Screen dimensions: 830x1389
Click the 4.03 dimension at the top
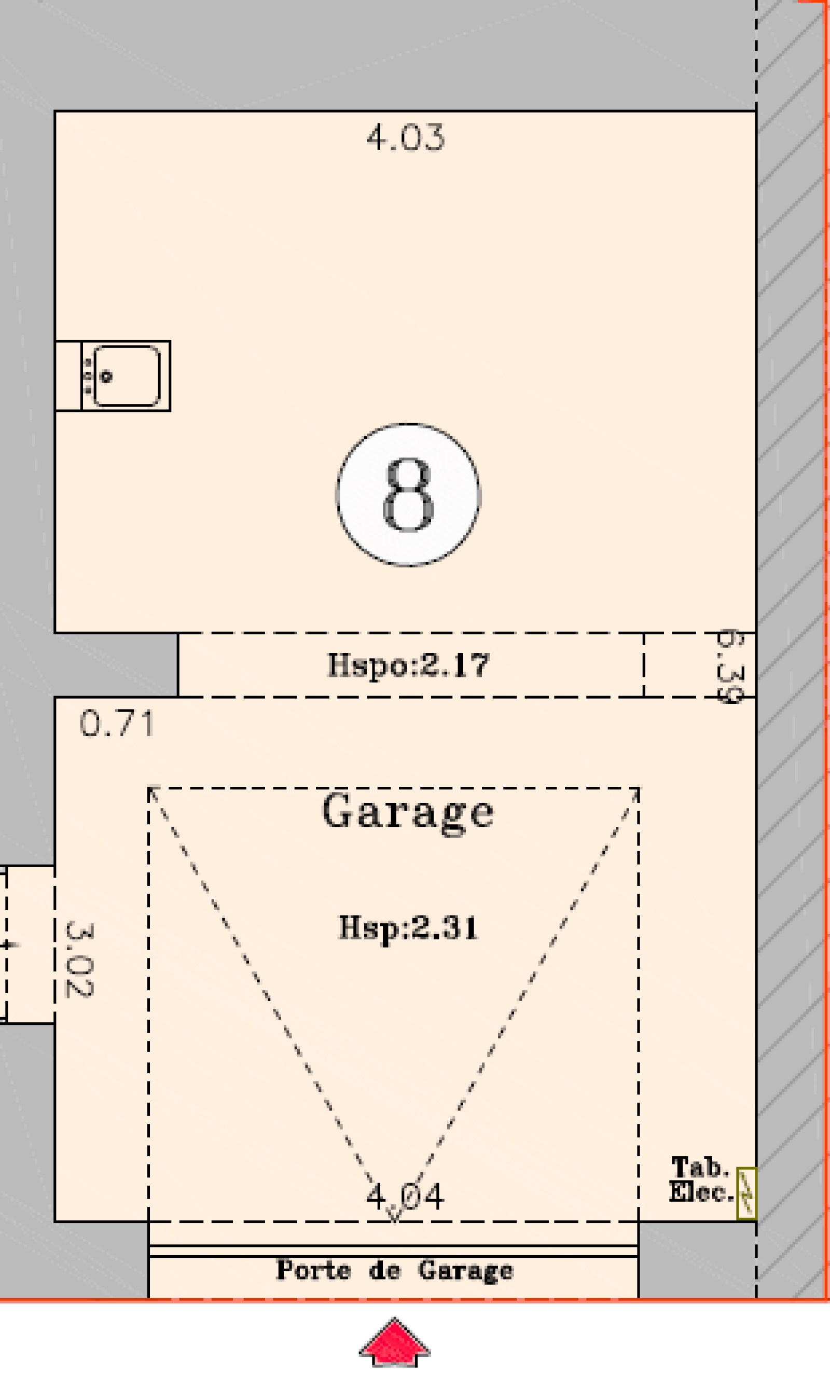(406, 137)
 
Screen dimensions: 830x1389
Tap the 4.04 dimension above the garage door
(405, 1197)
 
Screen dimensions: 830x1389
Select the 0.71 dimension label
(117, 724)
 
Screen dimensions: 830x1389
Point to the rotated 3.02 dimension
(79, 960)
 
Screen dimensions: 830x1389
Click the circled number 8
(408, 495)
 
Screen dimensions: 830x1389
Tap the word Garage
(408, 812)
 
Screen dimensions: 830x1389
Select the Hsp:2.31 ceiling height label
(408, 928)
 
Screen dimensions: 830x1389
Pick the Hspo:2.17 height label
(408, 665)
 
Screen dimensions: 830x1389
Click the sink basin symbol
(127, 376)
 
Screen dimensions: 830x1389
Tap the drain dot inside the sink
(106, 377)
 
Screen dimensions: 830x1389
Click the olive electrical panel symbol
(746, 1194)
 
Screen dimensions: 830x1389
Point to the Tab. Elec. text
(701, 1180)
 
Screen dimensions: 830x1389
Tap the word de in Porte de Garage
(385, 1270)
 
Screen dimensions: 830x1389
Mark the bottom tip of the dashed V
(395, 1222)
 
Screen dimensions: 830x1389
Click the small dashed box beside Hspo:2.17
(700, 665)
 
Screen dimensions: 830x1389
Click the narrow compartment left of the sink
(68, 376)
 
